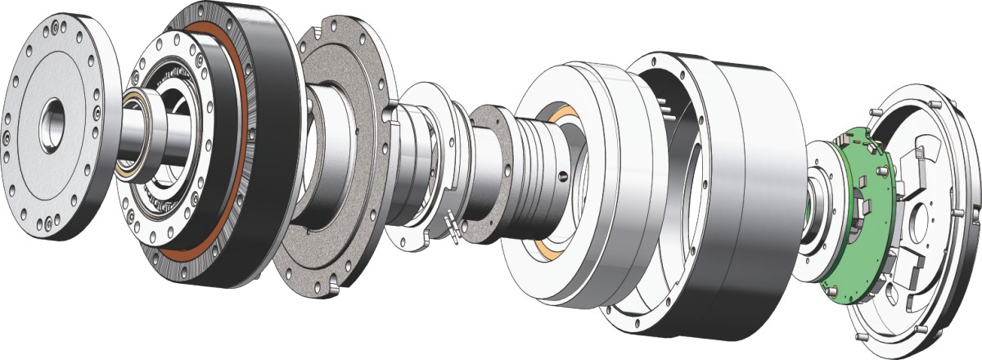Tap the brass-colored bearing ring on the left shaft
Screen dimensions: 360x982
pyautogui.click(x=130, y=135)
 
